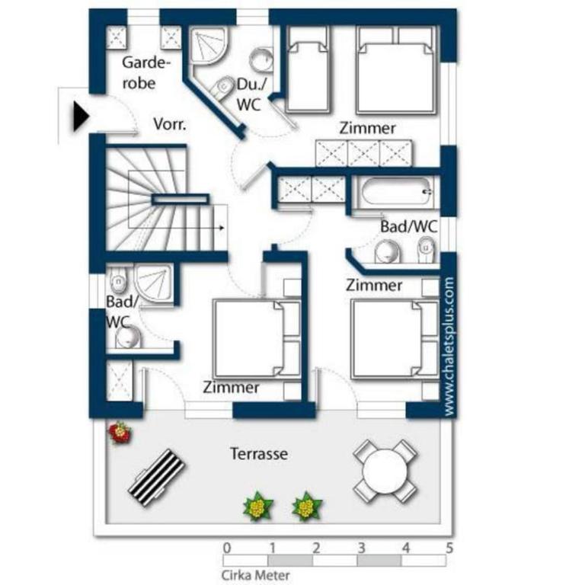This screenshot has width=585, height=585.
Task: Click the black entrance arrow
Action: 81,117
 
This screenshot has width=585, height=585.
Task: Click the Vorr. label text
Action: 170,124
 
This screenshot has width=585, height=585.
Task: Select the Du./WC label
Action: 252,94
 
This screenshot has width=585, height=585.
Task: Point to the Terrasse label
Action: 259,454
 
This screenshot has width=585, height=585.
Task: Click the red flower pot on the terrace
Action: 120,433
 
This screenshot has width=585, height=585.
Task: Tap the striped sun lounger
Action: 157,478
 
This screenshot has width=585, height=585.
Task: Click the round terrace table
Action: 385,471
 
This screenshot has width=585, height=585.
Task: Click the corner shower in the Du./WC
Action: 207,46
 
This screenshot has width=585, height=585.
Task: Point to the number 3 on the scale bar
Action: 361,548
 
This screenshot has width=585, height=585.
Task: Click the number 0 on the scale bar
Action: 227,548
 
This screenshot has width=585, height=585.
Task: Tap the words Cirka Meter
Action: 256,575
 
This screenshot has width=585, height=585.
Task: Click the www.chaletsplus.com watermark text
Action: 449,347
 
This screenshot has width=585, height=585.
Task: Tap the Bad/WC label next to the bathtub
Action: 408,226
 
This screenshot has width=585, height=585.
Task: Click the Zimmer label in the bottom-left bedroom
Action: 231,387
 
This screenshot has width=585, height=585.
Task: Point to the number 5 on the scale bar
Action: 449,548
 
